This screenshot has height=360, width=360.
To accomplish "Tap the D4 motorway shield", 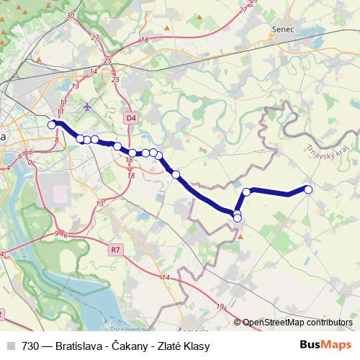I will click(130, 117).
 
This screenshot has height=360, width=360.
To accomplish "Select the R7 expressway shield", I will click(115, 250).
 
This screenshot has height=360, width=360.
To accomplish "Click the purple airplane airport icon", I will click(88, 107).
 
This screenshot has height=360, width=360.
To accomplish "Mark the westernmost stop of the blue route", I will click(52, 125).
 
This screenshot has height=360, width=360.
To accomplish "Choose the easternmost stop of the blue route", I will click(309, 189).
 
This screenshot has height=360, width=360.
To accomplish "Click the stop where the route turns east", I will click(246, 192).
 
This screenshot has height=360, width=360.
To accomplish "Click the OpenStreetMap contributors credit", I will click(297, 323).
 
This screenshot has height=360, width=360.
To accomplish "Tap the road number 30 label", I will click(70, 14).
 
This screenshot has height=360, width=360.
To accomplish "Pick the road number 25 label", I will click(107, 60).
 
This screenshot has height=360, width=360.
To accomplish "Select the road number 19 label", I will click(220, 306).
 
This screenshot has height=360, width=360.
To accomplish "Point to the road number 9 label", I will click(56, 234).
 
